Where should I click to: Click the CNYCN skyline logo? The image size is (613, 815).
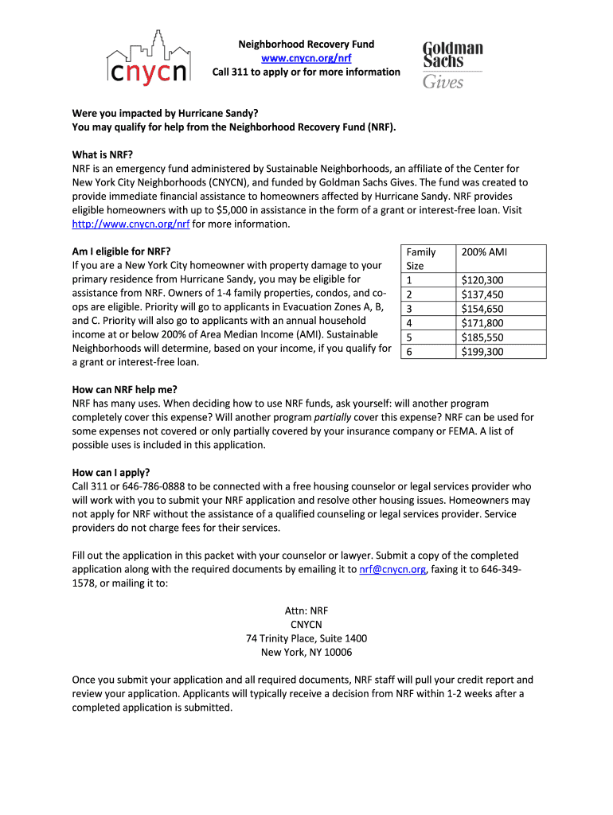[x=149, y=59]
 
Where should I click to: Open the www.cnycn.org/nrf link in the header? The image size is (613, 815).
[x=306, y=58]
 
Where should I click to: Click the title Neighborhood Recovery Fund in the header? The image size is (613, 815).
[x=306, y=44]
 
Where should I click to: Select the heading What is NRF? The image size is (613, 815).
[x=103, y=154]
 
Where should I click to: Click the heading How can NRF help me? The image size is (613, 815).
[x=124, y=389]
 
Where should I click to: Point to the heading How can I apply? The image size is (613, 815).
[x=111, y=472]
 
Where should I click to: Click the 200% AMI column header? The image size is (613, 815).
[x=484, y=252]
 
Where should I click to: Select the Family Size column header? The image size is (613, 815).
[x=420, y=259]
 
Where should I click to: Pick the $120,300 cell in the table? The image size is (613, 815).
[x=482, y=280]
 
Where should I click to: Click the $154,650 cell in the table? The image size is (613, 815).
[x=482, y=309]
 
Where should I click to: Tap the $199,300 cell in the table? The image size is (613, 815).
[x=482, y=352]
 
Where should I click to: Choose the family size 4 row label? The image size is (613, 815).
[x=410, y=323]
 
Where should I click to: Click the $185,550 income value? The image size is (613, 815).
[x=482, y=337]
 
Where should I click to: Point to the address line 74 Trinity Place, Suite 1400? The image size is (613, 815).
[x=306, y=638]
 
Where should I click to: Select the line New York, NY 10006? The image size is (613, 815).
[x=306, y=652]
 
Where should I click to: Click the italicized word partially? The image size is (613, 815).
[x=335, y=417]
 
